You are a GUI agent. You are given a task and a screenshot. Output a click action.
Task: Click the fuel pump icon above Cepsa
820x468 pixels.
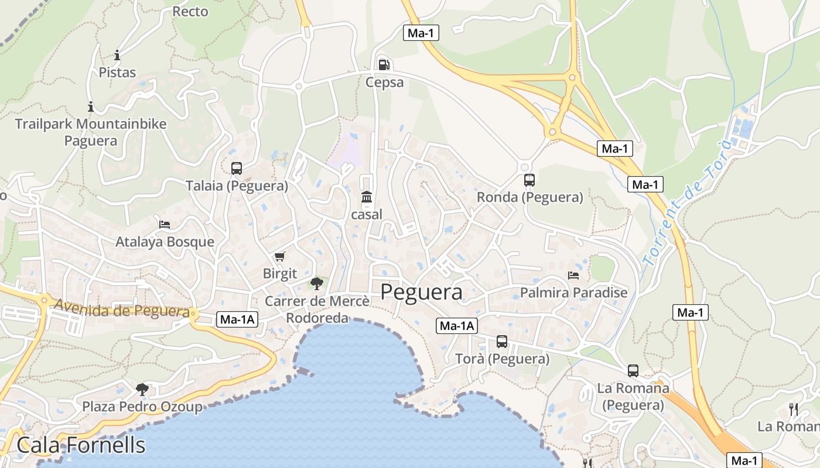coord(384,64)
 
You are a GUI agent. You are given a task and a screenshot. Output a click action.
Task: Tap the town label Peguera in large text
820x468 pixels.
coord(421,292)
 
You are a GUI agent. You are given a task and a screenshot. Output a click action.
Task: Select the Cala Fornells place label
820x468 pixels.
coord(81,445)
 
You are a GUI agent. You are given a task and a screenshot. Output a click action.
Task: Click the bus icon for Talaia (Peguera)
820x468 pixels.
coord(237,168)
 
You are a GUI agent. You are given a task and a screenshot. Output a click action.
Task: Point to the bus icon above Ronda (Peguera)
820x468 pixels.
coord(529,180)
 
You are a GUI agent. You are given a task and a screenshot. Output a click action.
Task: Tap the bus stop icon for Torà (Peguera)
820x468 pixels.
coord(502,342)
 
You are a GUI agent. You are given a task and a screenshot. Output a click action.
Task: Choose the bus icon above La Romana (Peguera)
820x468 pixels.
coord(633,370)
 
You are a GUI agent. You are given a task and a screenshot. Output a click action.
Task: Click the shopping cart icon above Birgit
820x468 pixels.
coord(280,257)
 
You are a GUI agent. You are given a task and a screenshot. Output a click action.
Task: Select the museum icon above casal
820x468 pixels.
coord(367,197)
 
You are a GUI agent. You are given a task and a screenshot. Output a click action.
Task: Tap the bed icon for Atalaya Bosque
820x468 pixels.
coord(165,225)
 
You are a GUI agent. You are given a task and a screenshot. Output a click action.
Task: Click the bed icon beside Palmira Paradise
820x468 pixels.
coord(573,275)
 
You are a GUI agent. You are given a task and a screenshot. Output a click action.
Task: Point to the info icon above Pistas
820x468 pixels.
coord(117,56)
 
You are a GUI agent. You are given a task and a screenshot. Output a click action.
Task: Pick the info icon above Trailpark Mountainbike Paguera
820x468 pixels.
coord(91,106)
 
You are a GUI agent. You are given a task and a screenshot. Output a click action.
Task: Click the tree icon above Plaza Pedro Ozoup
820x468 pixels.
coord(142,389)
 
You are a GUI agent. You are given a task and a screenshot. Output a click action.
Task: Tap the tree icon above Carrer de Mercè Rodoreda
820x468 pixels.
coord(317,284)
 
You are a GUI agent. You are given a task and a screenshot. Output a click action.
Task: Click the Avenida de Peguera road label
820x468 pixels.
coord(122,308)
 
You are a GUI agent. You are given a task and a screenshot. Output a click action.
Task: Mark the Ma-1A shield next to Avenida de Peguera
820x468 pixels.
coord(237,319)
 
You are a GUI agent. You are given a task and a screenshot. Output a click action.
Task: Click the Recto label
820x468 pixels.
coord(190,11)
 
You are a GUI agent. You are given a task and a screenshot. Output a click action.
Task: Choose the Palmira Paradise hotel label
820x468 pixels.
coord(573,292)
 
